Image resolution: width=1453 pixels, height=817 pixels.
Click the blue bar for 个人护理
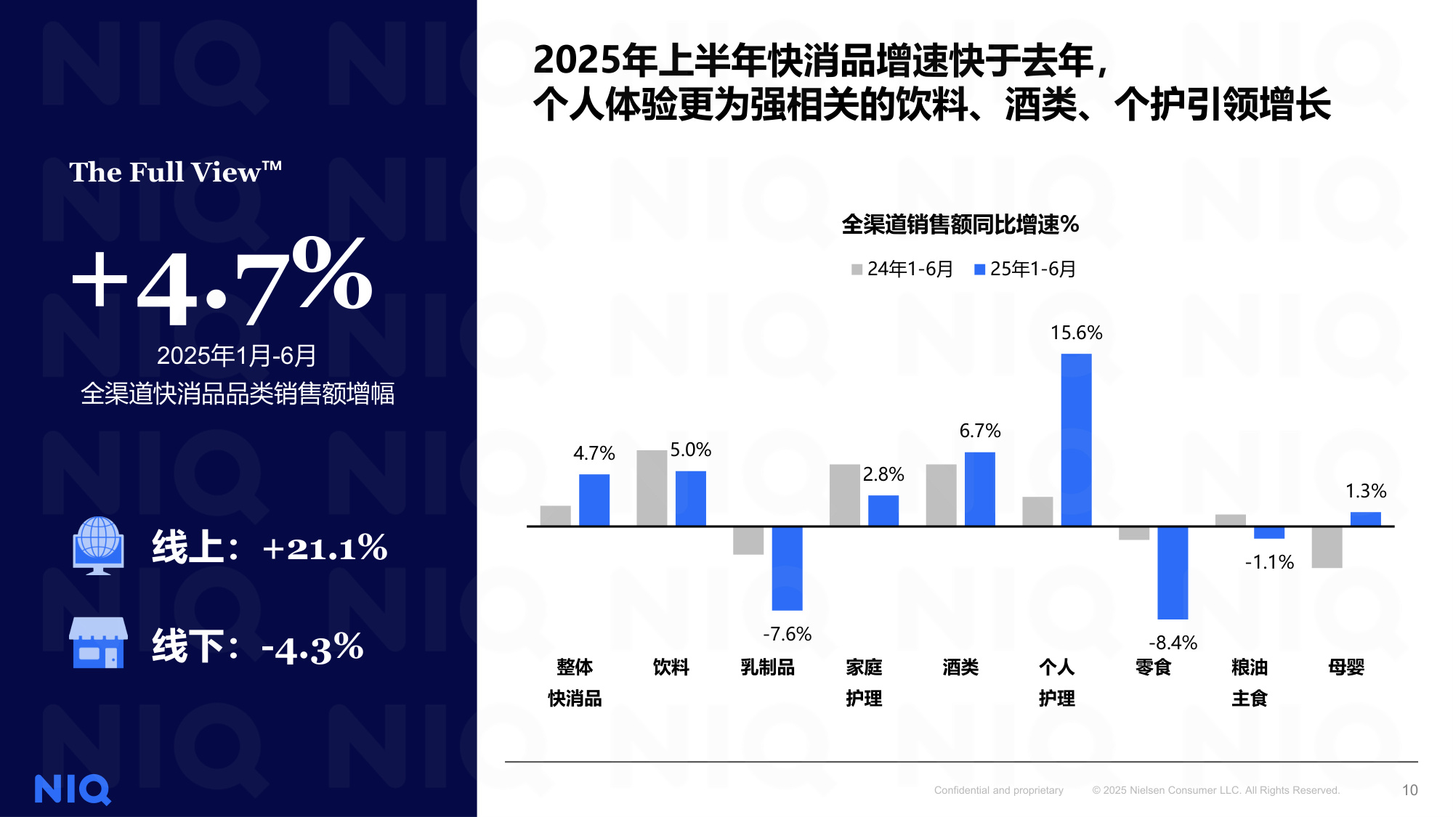(x=1076, y=439)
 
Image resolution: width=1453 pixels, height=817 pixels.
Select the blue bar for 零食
(x=1173, y=572)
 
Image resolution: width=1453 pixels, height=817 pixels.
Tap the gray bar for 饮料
(x=652, y=488)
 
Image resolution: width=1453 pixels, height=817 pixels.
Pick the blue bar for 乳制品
(x=787, y=568)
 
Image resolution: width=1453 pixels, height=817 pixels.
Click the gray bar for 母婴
(x=1327, y=548)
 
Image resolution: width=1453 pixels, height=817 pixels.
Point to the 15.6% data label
(x=1076, y=333)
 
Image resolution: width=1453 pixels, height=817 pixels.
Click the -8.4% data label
(x=1173, y=643)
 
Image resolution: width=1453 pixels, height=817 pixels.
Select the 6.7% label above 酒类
(x=980, y=431)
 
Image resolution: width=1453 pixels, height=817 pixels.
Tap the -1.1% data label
(x=1269, y=562)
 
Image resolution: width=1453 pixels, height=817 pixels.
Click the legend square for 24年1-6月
(x=857, y=269)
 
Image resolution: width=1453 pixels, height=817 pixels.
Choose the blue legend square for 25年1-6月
(x=979, y=269)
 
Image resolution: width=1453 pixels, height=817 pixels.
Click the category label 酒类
(x=960, y=667)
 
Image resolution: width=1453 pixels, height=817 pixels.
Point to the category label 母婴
(x=1346, y=667)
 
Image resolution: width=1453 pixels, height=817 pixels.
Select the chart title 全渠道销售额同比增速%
(x=960, y=224)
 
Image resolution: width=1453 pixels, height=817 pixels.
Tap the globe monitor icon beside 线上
(x=98, y=545)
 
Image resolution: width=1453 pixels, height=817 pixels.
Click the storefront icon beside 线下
(x=98, y=643)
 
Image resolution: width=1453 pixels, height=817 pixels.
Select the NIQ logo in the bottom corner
(x=73, y=789)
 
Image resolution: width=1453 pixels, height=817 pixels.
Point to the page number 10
(x=1409, y=790)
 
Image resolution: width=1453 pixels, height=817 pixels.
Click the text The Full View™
(x=175, y=172)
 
